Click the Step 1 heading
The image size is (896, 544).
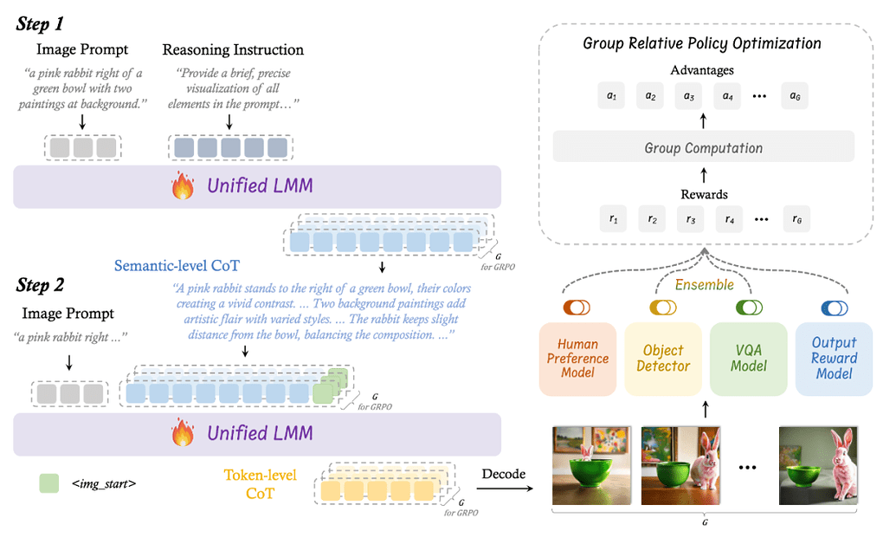pyautogui.click(x=41, y=23)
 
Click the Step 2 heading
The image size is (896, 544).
pyautogui.click(x=41, y=285)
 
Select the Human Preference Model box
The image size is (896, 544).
pyautogui.click(x=577, y=358)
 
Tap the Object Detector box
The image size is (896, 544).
pyautogui.click(x=663, y=358)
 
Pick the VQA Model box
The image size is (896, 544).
pyautogui.click(x=749, y=358)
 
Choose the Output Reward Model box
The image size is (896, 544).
pyautogui.click(x=834, y=358)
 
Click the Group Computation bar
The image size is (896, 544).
pyautogui.click(x=703, y=148)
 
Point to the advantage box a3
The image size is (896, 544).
pyautogui.click(x=689, y=96)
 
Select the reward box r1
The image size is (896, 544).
pyautogui.click(x=614, y=219)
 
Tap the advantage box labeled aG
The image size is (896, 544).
pyautogui.click(x=794, y=96)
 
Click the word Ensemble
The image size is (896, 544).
pyautogui.click(x=704, y=284)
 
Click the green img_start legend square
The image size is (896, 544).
pyautogui.click(x=49, y=483)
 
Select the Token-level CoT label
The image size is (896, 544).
pyautogui.click(x=260, y=484)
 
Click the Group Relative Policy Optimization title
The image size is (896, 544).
pyautogui.click(x=702, y=42)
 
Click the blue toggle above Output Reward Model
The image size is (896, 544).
pyautogui.click(x=834, y=308)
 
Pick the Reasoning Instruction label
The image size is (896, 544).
pyautogui.click(x=233, y=49)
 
